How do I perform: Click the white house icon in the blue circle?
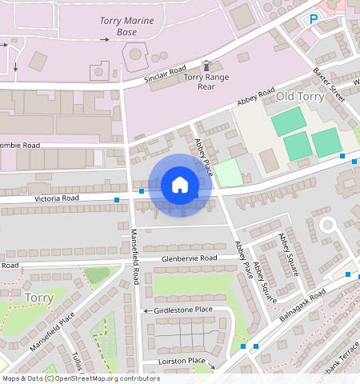pos(180,185)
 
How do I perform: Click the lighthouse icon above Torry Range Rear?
pos(206,65)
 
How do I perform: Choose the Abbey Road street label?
pos(255,97)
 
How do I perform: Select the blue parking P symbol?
pos(314,18)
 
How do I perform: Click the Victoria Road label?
pos(57,197)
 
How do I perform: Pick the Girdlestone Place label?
pos(183,310)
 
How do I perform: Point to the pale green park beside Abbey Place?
pos(228,173)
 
